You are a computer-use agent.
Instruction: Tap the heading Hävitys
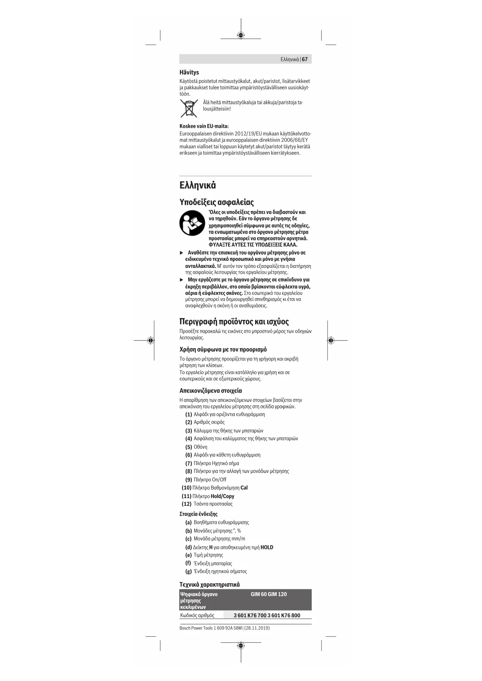[x=189, y=72]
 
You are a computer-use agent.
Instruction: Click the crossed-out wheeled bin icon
[x=189, y=108]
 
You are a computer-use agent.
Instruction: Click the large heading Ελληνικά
[x=197, y=185]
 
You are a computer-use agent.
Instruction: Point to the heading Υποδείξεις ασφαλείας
[x=216, y=202]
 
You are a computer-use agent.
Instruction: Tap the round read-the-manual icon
[x=192, y=223]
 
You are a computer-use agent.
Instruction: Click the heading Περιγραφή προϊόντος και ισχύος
[x=234, y=321]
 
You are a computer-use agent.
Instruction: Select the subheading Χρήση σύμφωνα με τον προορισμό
[x=223, y=349]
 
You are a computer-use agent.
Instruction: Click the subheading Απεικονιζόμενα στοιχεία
[x=211, y=391]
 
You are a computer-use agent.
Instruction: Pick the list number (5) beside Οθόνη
[x=189, y=447]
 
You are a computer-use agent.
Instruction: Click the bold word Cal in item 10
[x=244, y=488]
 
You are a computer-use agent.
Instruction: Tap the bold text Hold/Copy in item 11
[x=222, y=496]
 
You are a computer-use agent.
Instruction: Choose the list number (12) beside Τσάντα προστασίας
[x=186, y=504]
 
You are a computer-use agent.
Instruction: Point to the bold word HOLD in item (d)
[x=267, y=547]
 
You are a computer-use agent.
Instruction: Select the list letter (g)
[x=188, y=572]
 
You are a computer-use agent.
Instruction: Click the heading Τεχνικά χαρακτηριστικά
[x=209, y=584]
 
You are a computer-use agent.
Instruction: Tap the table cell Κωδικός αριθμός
[x=197, y=615]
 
